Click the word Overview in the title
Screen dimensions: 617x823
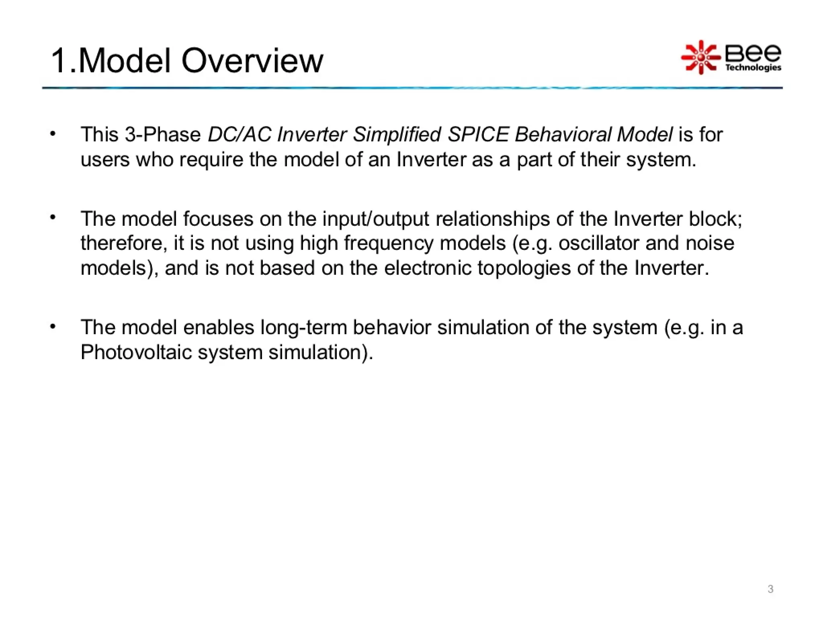252,61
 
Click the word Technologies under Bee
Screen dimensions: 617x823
753,67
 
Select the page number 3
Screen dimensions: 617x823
770,589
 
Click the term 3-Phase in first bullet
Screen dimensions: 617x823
163,134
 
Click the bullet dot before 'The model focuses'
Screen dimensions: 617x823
52,218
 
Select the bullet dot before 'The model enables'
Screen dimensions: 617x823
52,327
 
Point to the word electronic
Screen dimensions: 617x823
428,268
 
